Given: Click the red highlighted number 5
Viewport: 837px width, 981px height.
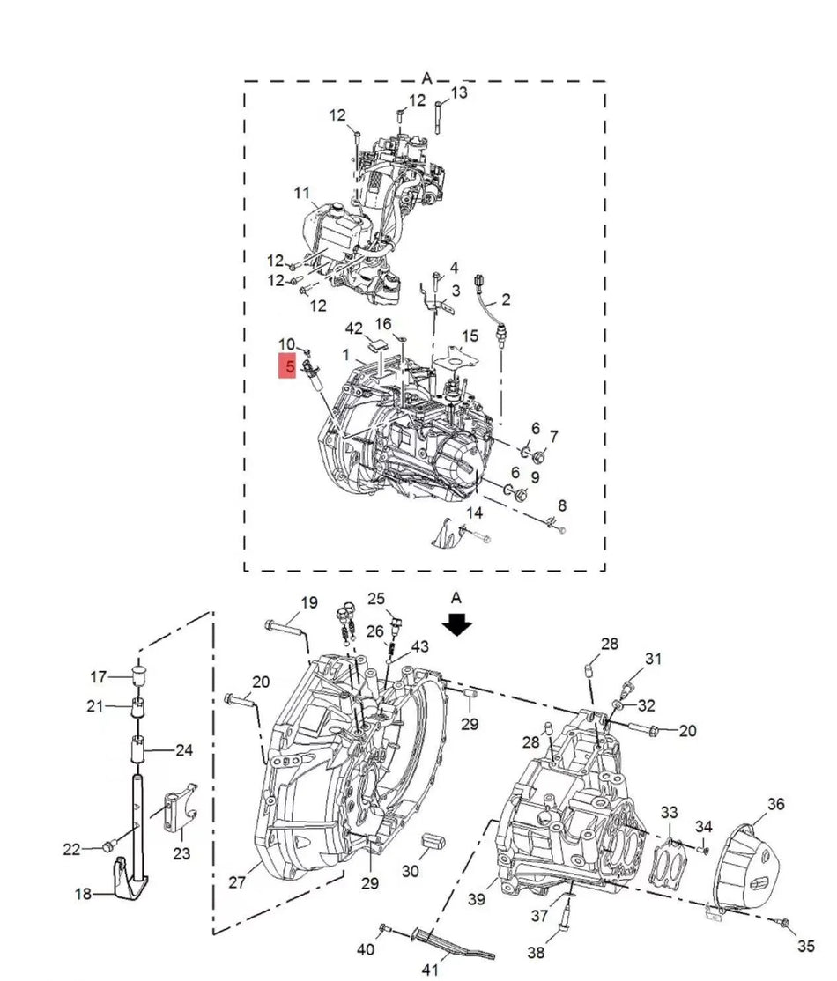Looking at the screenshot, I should (x=288, y=367).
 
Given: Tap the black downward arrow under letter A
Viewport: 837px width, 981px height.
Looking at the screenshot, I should (x=456, y=624).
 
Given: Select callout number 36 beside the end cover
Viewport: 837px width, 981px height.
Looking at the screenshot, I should (x=775, y=803).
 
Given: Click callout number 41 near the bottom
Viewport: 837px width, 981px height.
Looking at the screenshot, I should (x=430, y=970).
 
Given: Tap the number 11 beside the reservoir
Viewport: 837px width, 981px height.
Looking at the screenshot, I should (x=302, y=193).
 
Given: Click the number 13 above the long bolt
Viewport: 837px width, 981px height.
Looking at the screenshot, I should (x=459, y=92).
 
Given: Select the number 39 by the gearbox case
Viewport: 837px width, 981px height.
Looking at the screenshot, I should (x=477, y=899).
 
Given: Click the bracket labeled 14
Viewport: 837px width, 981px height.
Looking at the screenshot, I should (x=449, y=533).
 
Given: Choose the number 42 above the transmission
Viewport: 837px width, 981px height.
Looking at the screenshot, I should (x=353, y=328).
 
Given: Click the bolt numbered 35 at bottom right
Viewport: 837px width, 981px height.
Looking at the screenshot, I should (x=782, y=922).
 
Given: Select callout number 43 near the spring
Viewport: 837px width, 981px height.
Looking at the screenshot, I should (x=419, y=646).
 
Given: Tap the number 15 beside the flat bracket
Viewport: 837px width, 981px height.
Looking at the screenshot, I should (x=470, y=336).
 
